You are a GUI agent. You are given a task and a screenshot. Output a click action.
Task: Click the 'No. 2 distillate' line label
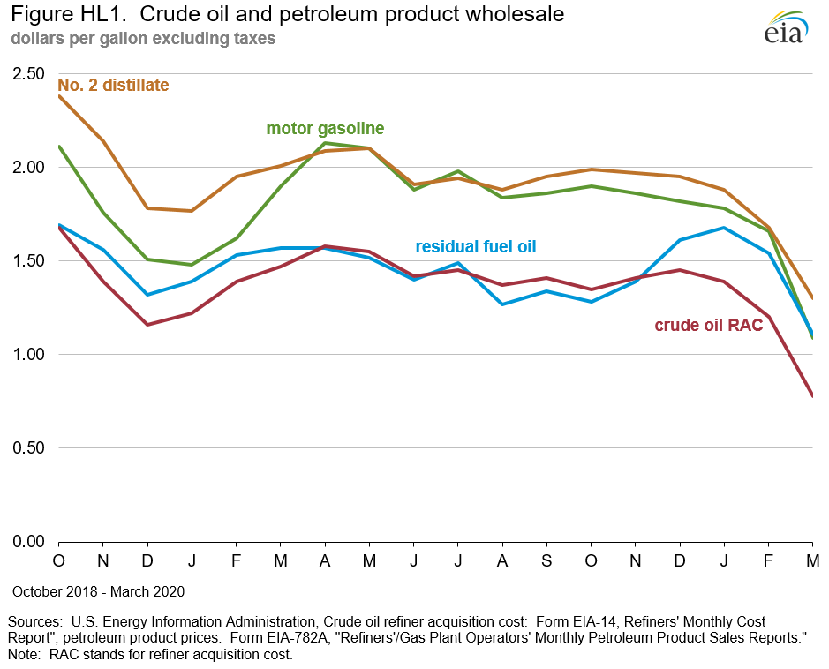pyautogui.click(x=113, y=86)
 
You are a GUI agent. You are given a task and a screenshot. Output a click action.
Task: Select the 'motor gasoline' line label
pyautogui.click(x=325, y=129)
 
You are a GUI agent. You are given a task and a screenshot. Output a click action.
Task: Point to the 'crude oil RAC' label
pyautogui.click(x=708, y=325)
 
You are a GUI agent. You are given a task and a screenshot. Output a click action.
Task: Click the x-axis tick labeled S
pyautogui.click(x=546, y=561)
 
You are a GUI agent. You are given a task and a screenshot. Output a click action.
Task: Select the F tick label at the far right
pyautogui.click(x=768, y=561)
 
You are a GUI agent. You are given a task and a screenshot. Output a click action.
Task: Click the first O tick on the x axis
pyautogui.click(x=59, y=561)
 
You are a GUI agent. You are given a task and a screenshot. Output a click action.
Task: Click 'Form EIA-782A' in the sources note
pyautogui.click(x=276, y=637)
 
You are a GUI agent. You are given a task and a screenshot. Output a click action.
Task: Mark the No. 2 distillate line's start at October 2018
pyautogui.click(x=59, y=96)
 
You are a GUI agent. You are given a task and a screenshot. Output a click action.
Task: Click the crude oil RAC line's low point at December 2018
pyautogui.click(x=148, y=325)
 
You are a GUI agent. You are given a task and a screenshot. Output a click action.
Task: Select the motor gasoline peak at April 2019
pyautogui.click(x=326, y=143)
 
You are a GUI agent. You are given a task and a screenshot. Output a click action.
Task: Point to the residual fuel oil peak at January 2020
pyautogui.click(x=724, y=228)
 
